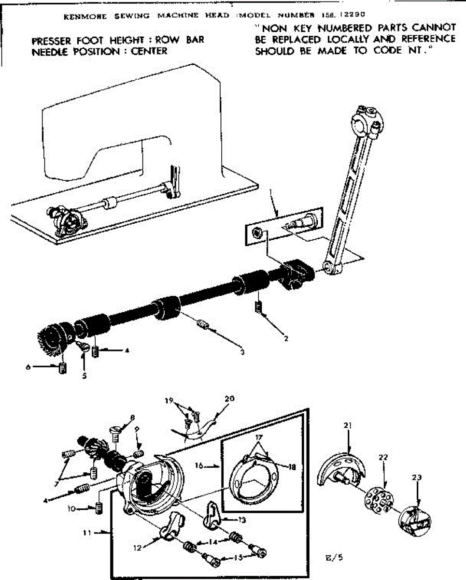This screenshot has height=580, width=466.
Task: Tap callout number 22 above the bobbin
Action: [x=383, y=457]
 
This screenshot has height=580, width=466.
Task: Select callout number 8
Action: [x=132, y=418]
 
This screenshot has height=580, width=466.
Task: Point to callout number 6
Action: [x=28, y=367]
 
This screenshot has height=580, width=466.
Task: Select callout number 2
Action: [x=286, y=339]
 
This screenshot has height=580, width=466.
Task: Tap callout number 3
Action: [x=242, y=352]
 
